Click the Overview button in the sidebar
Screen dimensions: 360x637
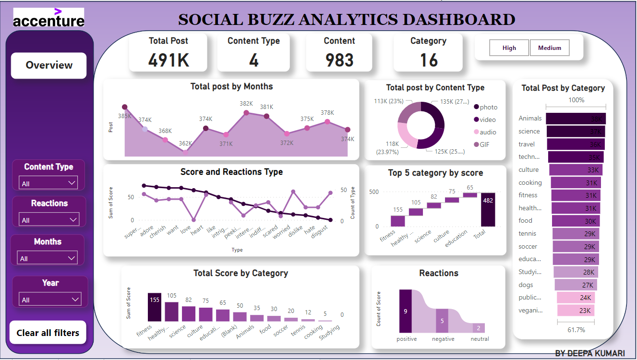(x=49, y=65)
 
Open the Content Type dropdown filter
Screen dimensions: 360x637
(x=48, y=183)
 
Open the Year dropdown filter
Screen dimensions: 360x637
(x=49, y=300)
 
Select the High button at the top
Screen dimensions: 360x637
(x=509, y=48)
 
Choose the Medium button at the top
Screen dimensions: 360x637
(x=550, y=48)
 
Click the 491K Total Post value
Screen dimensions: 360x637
(x=168, y=60)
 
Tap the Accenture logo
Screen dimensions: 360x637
(x=48, y=18)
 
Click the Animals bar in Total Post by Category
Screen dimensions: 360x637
(x=576, y=119)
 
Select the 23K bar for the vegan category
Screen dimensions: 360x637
(x=576, y=311)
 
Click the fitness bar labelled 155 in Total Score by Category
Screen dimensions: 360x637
(x=155, y=307)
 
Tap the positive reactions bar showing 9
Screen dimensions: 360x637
(x=405, y=311)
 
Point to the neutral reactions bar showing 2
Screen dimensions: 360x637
(x=478, y=328)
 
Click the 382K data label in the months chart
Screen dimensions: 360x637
(x=246, y=104)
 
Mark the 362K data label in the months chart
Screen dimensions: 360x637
(x=185, y=143)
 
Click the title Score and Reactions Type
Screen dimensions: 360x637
(x=231, y=172)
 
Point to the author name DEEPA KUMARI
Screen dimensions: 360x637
(x=590, y=353)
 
